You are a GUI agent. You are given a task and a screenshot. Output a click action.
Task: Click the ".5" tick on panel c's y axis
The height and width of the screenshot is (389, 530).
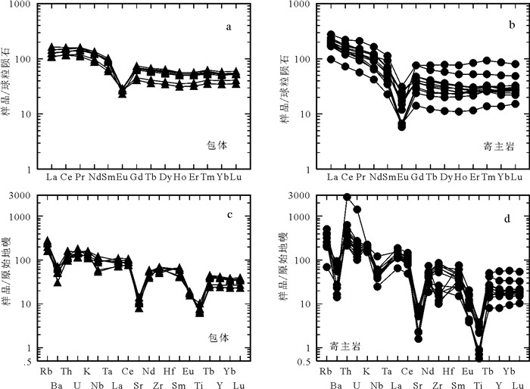coord(27,360)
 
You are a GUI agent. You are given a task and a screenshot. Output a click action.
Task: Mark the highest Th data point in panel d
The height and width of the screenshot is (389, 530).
coord(347,198)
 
